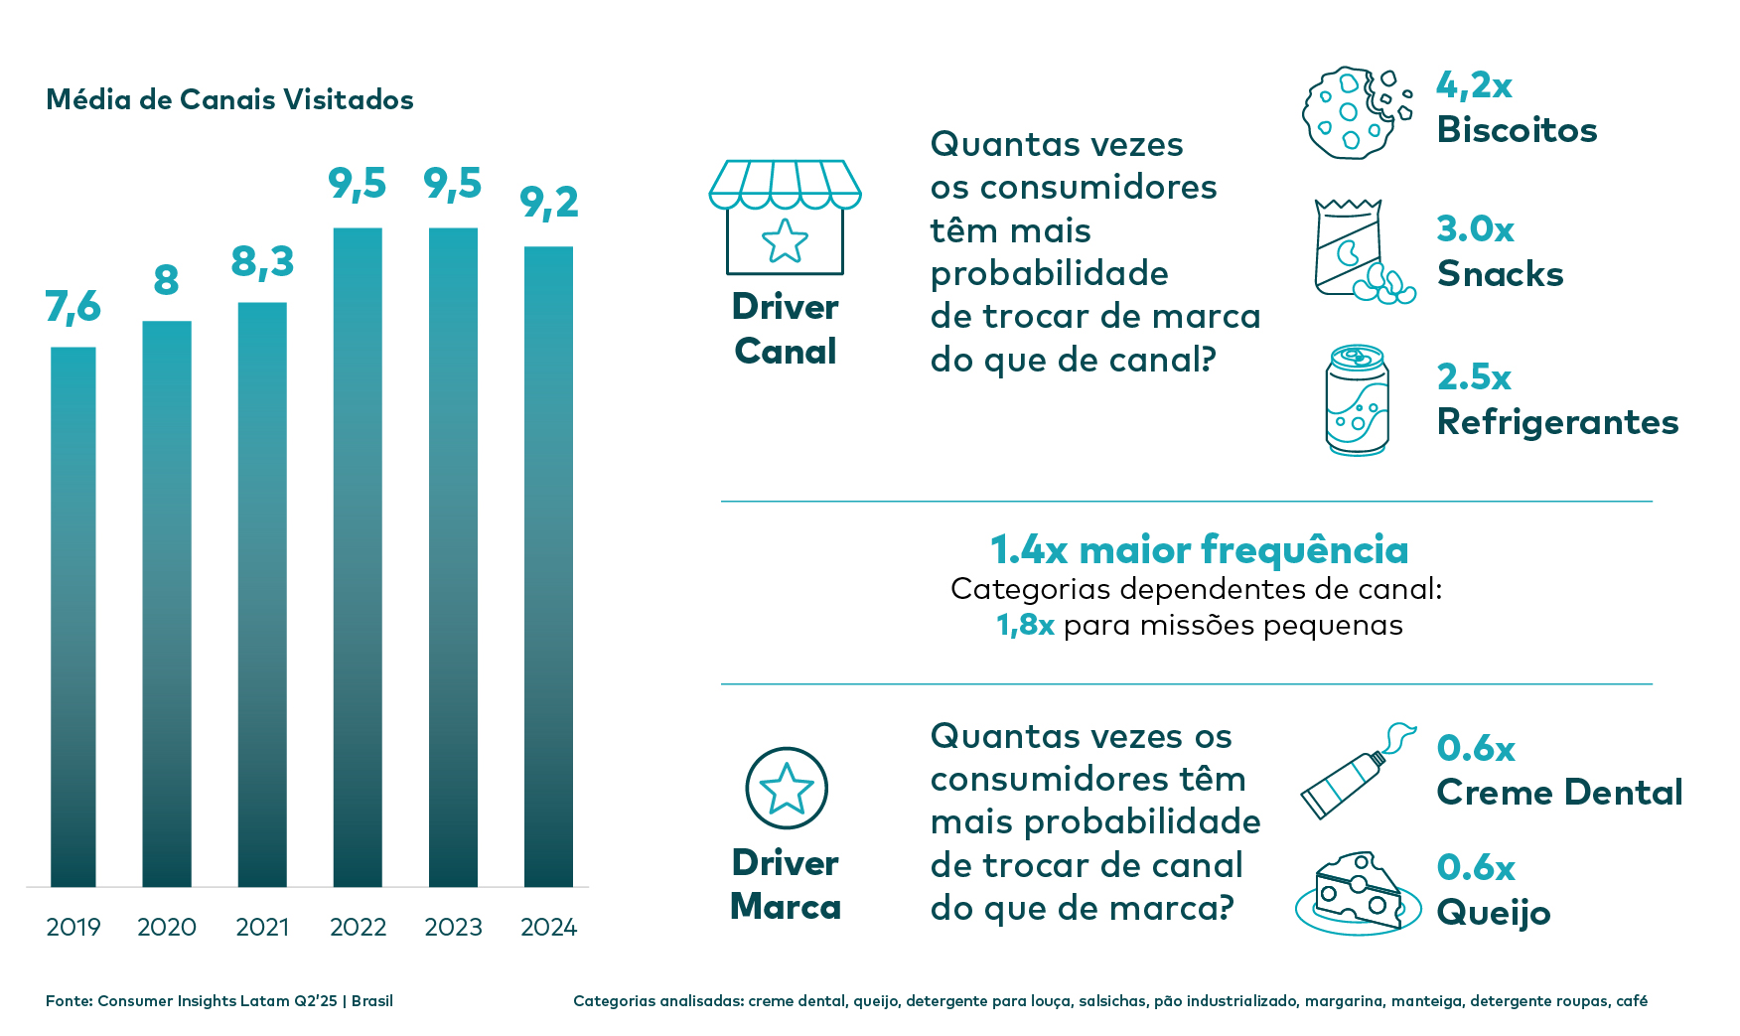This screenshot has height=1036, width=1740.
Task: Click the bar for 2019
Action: (73, 616)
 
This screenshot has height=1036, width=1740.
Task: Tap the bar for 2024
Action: (548, 566)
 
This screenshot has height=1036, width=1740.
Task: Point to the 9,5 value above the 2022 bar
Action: (357, 185)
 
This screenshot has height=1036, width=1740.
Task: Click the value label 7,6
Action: (73, 308)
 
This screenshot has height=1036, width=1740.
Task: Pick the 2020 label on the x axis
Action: (167, 927)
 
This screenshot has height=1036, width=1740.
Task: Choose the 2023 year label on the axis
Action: (453, 927)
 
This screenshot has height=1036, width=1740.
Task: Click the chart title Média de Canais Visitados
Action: (229, 99)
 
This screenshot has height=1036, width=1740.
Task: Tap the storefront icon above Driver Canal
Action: (785, 217)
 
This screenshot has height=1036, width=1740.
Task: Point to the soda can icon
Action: (1357, 400)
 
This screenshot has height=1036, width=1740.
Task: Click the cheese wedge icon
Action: (1356, 893)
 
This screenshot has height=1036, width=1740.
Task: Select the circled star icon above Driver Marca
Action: (786, 789)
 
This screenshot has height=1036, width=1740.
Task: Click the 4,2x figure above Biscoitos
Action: (1474, 86)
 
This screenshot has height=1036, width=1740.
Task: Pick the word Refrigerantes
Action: (1557, 422)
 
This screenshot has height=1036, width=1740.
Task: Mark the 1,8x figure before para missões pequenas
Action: (1025, 625)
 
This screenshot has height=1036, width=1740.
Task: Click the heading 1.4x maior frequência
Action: (1199, 549)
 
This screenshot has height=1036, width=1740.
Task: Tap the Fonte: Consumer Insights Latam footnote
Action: (219, 1001)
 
